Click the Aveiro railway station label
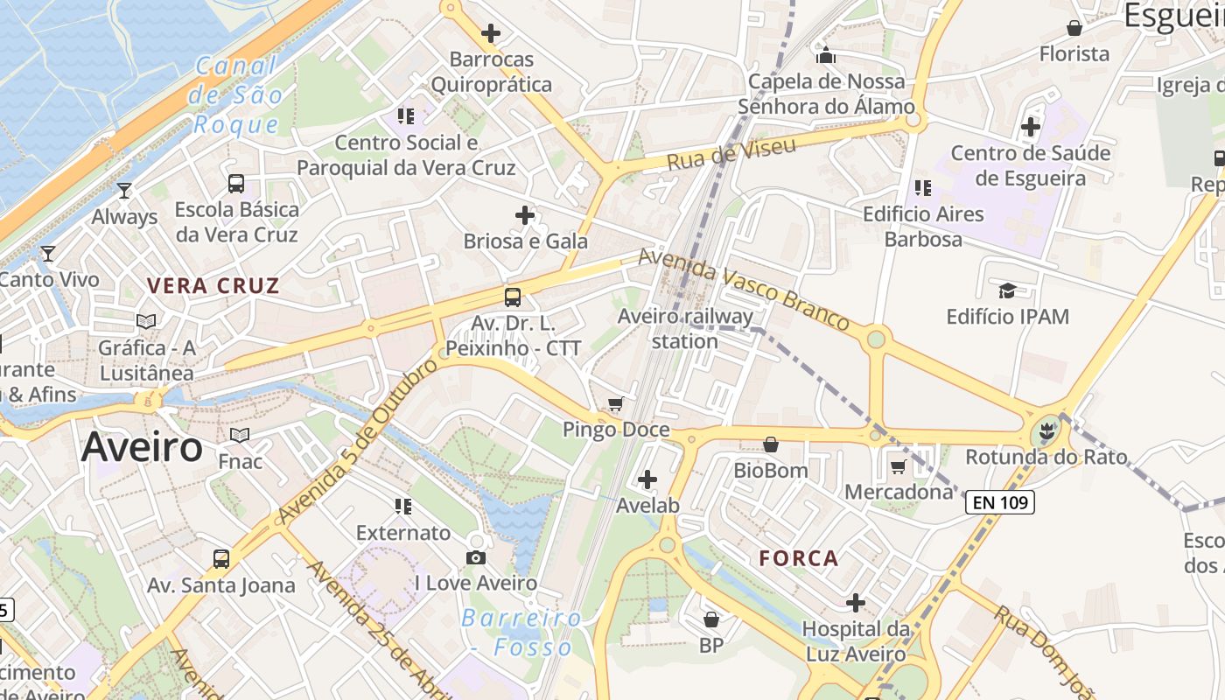click(685, 328)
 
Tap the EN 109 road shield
click(1000, 502)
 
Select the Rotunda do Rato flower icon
click(1045, 431)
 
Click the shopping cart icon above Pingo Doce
click(616, 403)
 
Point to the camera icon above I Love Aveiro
click(476, 557)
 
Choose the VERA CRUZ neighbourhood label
click(213, 285)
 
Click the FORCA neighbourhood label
click(799, 558)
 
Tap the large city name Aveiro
click(142, 447)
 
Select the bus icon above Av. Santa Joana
click(221, 558)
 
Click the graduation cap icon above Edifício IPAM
click(1007, 290)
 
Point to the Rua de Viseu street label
click(731, 153)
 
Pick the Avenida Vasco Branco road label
click(744, 290)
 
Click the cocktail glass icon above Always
click(124, 190)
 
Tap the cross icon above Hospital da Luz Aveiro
click(855, 603)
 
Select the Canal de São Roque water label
click(235, 94)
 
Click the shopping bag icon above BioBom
click(771, 444)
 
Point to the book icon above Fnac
click(239, 435)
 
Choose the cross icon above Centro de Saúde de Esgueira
click(1031, 127)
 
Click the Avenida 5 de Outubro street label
click(360, 442)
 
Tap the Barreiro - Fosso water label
click(521, 633)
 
